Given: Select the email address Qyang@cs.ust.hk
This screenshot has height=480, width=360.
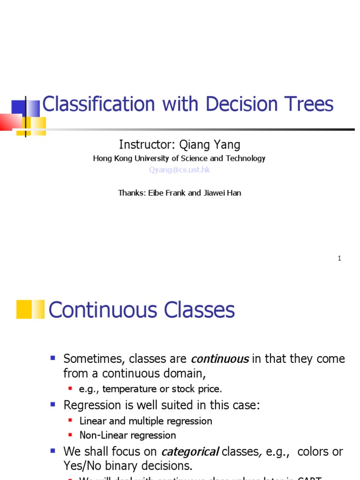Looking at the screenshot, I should (180, 170).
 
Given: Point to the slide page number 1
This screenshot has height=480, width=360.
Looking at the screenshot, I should (339, 258).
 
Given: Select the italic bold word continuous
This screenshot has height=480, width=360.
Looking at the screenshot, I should (219, 359).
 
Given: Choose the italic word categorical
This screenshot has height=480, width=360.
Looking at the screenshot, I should (190, 452).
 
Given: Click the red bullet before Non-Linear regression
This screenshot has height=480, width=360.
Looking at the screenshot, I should (70, 435).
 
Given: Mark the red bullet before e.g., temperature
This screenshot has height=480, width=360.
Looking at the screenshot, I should (70, 389).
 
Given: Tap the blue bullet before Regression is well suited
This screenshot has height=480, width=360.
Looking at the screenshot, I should (53, 404).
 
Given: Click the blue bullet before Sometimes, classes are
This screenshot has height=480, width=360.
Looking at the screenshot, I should (53, 358).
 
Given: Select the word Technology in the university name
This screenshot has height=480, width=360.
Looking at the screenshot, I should (245, 158).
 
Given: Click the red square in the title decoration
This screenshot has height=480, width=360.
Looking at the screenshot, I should (10, 122).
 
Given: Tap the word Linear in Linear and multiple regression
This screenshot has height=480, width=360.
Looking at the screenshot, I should (93, 421).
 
